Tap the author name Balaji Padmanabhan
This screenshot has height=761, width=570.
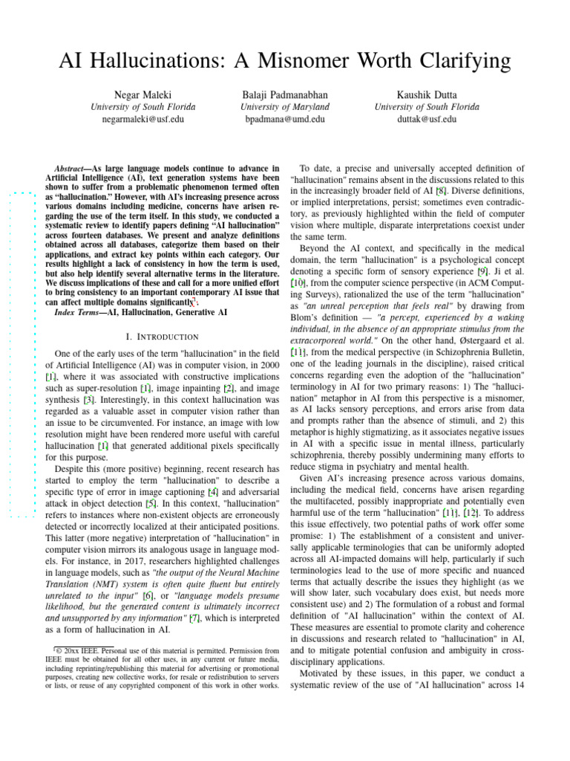click(285, 95)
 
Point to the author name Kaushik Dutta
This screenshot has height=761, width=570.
click(427, 95)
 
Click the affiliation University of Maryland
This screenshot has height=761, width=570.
click(285, 107)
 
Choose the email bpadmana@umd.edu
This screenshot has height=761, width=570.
click(285, 118)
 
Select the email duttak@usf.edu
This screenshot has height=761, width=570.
click(427, 118)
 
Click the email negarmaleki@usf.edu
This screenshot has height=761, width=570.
click(143, 118)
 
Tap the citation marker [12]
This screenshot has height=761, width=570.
click(471, 513)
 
